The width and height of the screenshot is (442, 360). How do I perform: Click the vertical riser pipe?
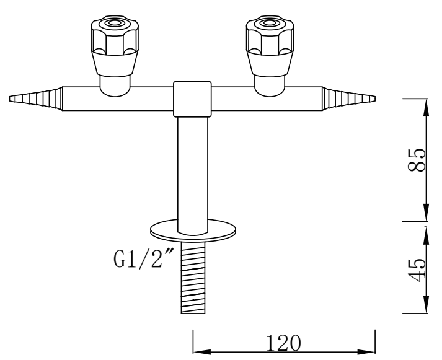[192, 167]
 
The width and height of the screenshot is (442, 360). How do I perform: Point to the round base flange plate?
[193, 229]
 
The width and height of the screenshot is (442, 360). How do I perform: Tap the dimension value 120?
[284, 341]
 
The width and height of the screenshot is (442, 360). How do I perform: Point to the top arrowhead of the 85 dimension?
[425, 105]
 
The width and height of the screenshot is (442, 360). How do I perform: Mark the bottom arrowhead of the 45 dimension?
[425, 307]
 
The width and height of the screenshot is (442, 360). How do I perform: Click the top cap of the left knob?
[115, 24]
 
